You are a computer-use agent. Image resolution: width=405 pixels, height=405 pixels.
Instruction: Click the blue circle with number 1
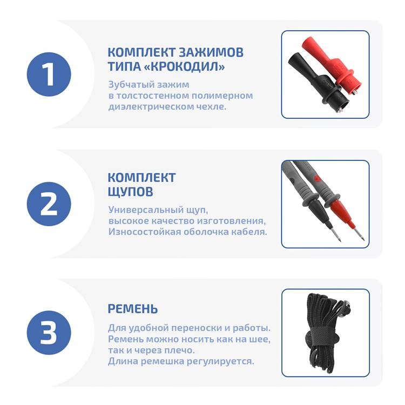[49, 75]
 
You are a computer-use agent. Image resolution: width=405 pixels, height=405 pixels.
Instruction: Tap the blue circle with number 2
[49, 204]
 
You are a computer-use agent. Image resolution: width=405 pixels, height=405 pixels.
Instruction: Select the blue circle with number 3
[49, 333]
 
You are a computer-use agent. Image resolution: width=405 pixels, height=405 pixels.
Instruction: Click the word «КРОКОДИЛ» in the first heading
[184, 66]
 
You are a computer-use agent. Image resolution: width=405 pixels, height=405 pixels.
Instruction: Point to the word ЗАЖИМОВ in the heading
[211, 52]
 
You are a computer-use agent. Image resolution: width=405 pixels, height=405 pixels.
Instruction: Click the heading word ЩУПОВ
[131, 192]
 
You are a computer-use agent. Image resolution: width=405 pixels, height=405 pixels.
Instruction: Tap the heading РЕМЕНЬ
[132, 309]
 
